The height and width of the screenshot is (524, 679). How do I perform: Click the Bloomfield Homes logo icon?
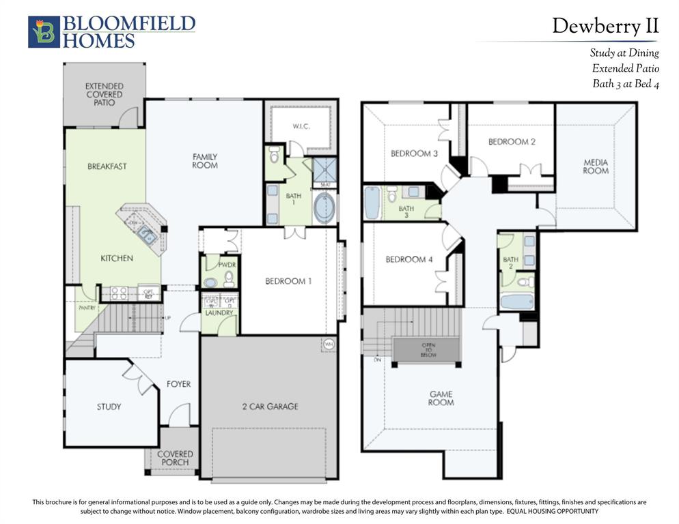[44, 32]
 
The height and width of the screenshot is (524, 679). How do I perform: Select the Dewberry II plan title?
[605, 26]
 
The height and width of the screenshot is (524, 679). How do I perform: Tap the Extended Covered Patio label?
[104, 94]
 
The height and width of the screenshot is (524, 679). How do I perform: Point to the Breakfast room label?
[107, 166]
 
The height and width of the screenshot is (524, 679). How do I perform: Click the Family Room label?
[204, 161]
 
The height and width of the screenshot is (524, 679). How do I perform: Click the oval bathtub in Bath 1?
[324, 207]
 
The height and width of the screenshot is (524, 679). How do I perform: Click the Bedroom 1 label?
[289, 280]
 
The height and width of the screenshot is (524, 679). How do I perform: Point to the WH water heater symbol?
[329, 344]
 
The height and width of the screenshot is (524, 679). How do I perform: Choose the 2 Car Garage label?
[269, 407]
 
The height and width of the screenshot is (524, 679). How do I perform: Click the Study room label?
[109, 407]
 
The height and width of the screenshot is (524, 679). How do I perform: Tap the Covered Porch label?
[175, 458]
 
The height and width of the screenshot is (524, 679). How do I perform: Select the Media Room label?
[595, 166]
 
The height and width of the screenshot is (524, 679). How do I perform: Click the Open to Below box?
[428, 349]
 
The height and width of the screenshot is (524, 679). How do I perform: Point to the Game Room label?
[441, 398]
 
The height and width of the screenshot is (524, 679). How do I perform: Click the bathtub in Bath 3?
[372, 203]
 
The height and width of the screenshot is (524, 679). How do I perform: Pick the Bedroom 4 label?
[408, 259]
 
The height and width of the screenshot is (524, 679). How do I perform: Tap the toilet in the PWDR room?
[228, 278]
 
